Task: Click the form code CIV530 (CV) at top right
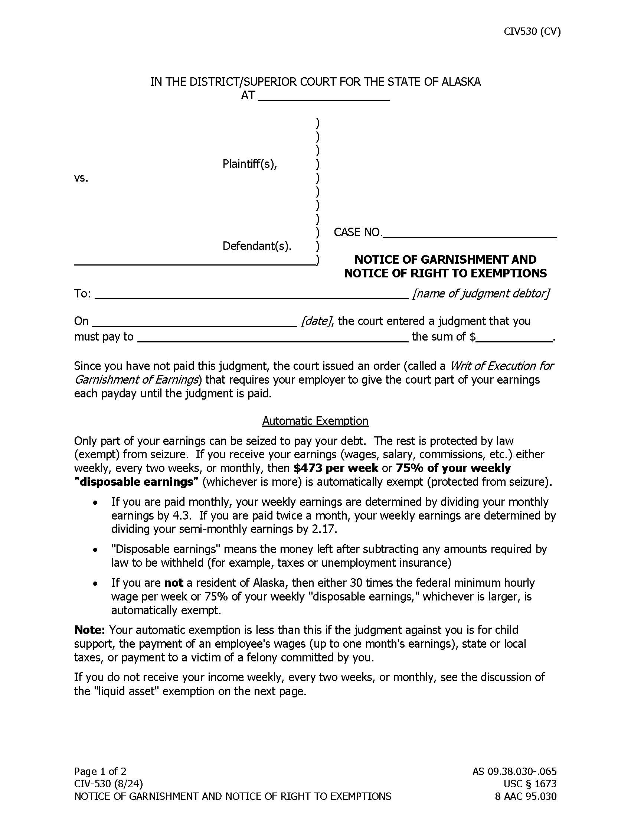pos(532,32)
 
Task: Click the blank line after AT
pos(324,98)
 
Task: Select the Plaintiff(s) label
pos(249,164)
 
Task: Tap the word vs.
pos(81,178)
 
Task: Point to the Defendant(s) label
pos(257,246)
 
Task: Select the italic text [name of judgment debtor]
pos(481,293)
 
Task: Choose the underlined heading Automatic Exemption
pos(315,421)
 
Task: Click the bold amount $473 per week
pos(336,468)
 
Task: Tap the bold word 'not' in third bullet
pos(173,583)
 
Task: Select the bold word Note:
pos(90,630)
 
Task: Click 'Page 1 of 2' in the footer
pos(100,771)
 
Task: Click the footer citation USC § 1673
pos(530,784)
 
